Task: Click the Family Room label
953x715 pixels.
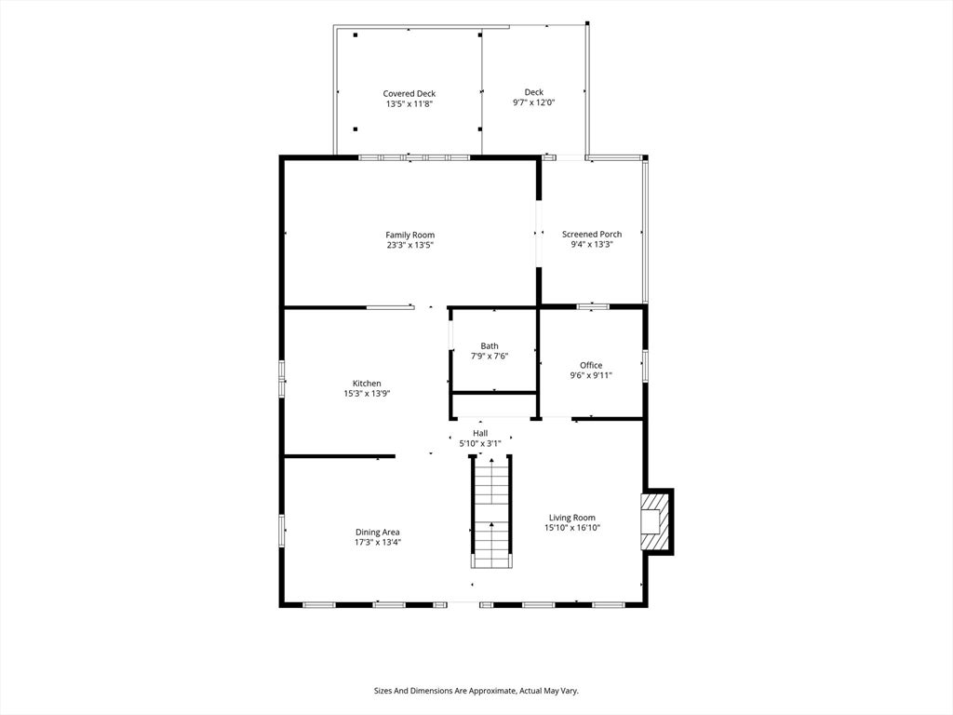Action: click(x=410, y=235)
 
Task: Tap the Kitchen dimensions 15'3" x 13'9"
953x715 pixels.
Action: click(x=367, y=394)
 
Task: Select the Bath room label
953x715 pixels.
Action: click(x=490, y=346)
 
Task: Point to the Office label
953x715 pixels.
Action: click(x=591, y=365)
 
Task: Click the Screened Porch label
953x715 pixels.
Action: click(x=591, y=234)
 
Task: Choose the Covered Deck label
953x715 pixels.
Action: click(x=409, y=94)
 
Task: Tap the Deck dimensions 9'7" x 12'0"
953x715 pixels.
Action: click(x=533, y=102)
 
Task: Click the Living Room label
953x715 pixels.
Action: click(x=572, y=518)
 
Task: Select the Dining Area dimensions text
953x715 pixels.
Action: click(x=378, y=543)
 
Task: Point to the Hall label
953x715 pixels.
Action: click(x=480, y=434)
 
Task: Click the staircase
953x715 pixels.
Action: click(x=491, y=511)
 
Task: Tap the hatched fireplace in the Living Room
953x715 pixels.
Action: click(x=653, y=521)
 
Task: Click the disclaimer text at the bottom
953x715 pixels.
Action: click(x=476, y=691)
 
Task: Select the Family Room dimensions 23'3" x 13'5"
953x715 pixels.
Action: click(x=410, y=245)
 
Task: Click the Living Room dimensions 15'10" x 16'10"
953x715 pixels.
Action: click(x=572, y=528)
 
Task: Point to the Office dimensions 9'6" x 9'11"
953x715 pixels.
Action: click(x=591, y=375)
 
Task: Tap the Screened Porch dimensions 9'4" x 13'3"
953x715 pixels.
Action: click(x=591, y=245)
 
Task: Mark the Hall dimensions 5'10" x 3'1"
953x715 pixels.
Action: click(x=480, y=444)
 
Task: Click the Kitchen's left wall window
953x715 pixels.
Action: click(x=282, y=379)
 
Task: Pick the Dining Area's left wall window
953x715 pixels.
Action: click(x=282, y=530)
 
